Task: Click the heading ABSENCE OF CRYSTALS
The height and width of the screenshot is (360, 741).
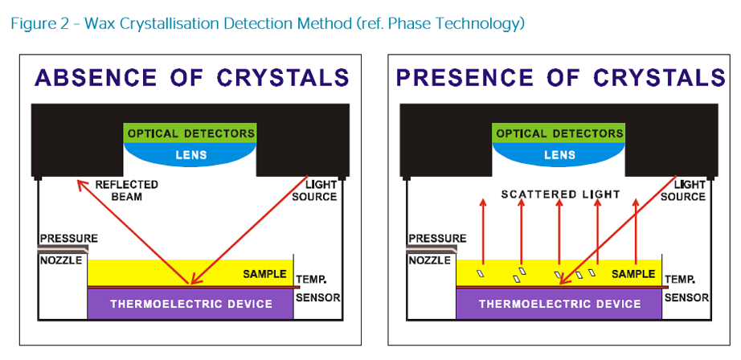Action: (191, 77)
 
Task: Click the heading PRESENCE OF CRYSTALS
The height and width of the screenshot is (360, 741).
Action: (561, 77)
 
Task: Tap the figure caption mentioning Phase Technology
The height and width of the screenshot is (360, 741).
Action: (268, 23)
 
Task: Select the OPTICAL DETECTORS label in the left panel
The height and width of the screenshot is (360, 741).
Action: (190, 133)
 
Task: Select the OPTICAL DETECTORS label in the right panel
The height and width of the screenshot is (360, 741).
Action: (559, 133)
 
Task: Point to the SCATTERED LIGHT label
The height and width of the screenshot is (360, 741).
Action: (560, 194)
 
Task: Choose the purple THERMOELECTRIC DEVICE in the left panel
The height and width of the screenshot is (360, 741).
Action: (190, 304)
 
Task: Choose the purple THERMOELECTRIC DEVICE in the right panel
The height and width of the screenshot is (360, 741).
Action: (559, 304)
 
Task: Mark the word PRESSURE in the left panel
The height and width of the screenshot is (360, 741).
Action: (68, 239)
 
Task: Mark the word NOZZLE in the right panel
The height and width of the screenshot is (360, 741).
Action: (430, 260)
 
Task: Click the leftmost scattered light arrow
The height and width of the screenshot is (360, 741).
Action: (483, 233)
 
